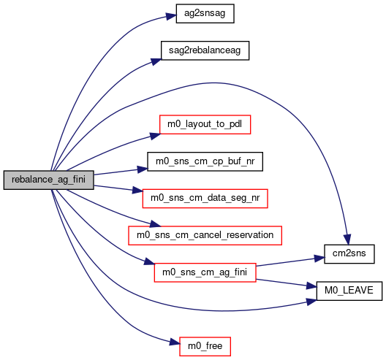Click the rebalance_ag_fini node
tap(48, 180)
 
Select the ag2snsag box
tap(205, 14)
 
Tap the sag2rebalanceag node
tap(205, 50)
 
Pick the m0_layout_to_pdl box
tap(205, 124)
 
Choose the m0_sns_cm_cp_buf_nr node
tap(205, 161)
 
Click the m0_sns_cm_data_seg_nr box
tap(205, 199)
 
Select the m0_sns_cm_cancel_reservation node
tap(205, 236)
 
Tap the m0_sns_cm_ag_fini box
tap(205, 272)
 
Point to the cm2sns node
tap(349, 254)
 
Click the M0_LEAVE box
tap(349, 291)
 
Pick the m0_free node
tap(205, 346)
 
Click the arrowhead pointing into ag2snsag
tap(171, 16)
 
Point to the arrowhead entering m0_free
tap(175, 342)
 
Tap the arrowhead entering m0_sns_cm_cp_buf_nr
tap(142, 169)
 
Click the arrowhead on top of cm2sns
tap(347, 240)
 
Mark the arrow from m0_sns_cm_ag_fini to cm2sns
tap(290, 261)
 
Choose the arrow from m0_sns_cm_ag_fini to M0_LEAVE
tap(287, 283)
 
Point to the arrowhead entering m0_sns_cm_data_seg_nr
tap(137, 191)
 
